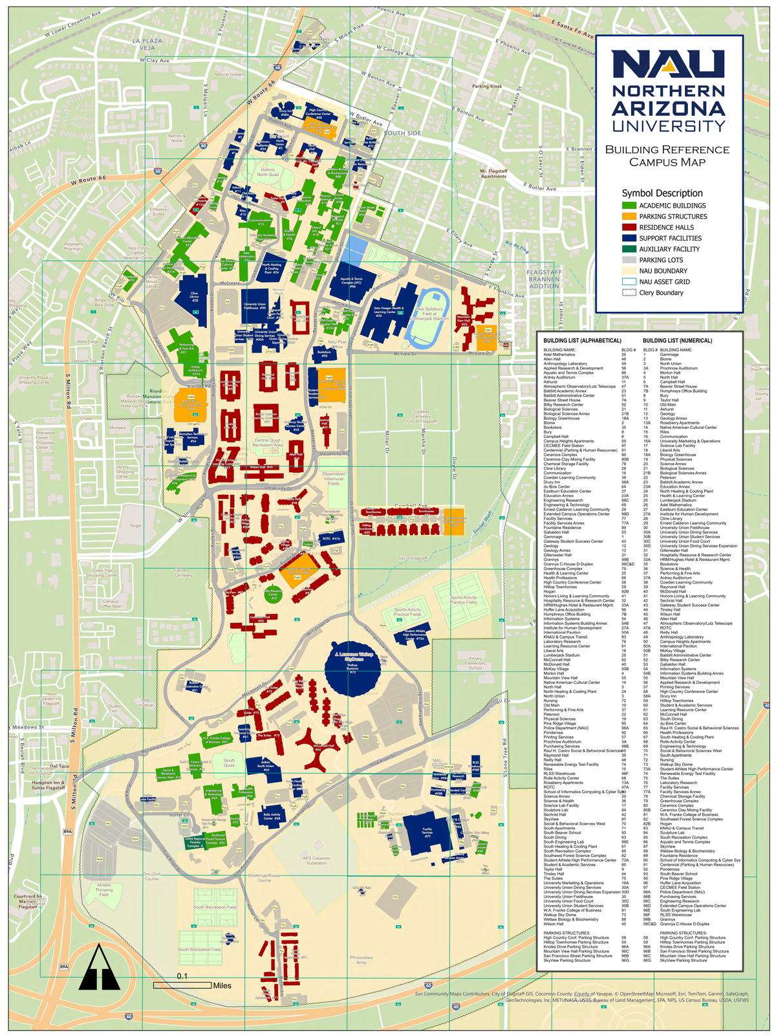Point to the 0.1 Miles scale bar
click(182, 985)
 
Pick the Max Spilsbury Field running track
click(427, 318)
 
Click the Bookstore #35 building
click(325, 353)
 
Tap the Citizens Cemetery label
click(422, 416)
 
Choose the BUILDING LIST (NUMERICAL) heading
click(678, 340)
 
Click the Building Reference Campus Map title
click(667, 156)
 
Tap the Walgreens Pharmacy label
click(73, 246)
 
